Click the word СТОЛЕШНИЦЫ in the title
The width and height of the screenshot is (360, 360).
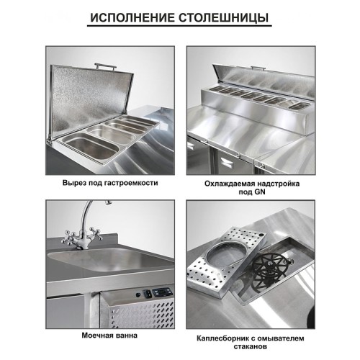[x=225, y=17]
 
